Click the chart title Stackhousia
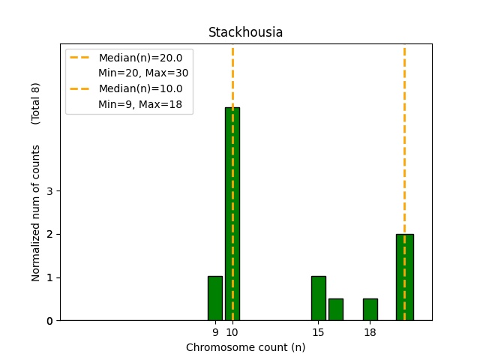(245, 33)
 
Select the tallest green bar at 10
(232, 214)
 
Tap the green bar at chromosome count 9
(215, 298)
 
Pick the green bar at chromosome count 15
(318, 298)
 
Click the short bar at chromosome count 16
(335, 310)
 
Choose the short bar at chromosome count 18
(370, 310)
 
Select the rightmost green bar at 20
(404, 277)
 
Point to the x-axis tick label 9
(215, 332)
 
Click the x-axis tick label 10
(232, 332)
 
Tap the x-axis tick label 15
(318, 332)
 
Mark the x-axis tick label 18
(370, 332)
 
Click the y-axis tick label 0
(49, 321)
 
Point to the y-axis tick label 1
(49, 277)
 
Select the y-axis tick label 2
(49, 234)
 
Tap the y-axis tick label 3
(49, 190)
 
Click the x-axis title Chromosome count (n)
(245, 347)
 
